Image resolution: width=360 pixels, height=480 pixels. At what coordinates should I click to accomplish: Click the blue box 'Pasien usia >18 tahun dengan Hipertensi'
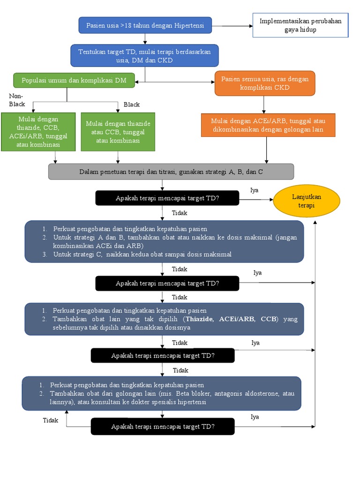(145, 25)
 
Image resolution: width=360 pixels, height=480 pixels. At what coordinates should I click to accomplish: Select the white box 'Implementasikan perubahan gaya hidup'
(300, 25)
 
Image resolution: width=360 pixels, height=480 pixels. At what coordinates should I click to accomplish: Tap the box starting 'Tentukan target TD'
(144, 55)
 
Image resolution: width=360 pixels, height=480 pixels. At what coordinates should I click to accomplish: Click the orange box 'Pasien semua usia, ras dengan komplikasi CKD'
(265, 83)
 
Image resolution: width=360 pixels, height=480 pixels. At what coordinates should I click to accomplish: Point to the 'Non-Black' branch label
(17, 100)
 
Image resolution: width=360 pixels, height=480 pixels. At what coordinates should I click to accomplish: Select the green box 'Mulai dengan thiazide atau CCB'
(118, 132)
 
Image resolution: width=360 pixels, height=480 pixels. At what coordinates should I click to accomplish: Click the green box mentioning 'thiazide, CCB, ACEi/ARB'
(38, 132)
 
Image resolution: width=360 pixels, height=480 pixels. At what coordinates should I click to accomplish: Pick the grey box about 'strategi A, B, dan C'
(171, 172)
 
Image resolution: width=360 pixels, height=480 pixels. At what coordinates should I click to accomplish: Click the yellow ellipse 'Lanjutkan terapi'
(307, 201)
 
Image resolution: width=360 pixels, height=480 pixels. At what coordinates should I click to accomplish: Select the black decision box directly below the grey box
(167, 198)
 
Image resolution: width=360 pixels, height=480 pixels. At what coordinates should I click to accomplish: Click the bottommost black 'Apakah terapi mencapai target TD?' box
(162, 427)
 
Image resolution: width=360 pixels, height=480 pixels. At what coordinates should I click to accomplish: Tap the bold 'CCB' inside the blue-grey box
(269, 319)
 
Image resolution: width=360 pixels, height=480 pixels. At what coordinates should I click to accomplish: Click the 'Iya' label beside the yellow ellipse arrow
(255, 190)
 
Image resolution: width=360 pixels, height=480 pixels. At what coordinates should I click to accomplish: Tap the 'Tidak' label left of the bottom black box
(51, 420)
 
